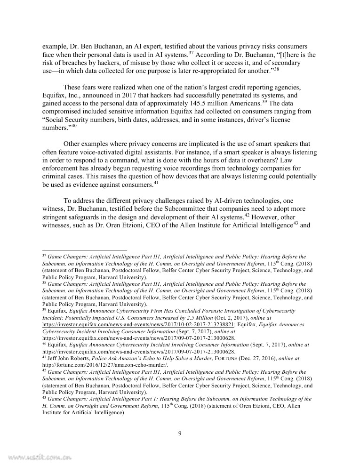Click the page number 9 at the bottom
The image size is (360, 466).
point(180,434)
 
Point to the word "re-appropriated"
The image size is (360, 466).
point(213,70)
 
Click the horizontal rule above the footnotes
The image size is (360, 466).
point(85,250)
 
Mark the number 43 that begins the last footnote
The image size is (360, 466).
point(45,398)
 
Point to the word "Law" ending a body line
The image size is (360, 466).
point(309,161)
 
